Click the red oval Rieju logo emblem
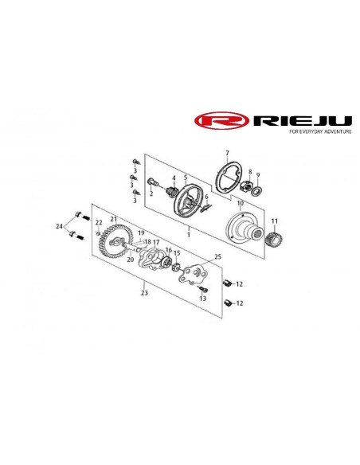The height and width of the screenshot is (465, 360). click(221, 120)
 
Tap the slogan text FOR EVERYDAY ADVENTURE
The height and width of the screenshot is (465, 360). click(320, 131)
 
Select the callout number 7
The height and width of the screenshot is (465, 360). click(227, 153)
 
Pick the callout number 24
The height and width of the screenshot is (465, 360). click(59, 226)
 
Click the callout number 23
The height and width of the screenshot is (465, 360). click(144, 293)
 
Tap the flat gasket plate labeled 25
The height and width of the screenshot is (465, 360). click(194, 273)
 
